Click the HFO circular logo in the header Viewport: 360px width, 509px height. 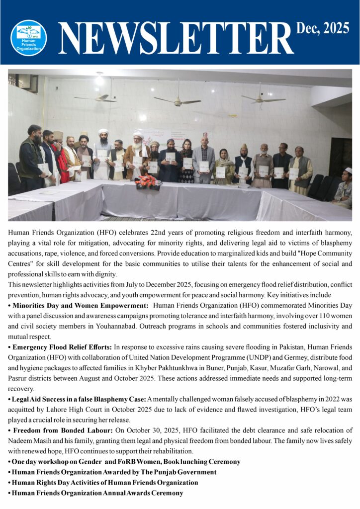pyautogui.click(x=28, y=37)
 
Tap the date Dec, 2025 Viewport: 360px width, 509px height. pyautogui.click(x=323, y=29)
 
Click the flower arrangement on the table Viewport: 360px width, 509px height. pyautogui.click(x=148, y=182)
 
